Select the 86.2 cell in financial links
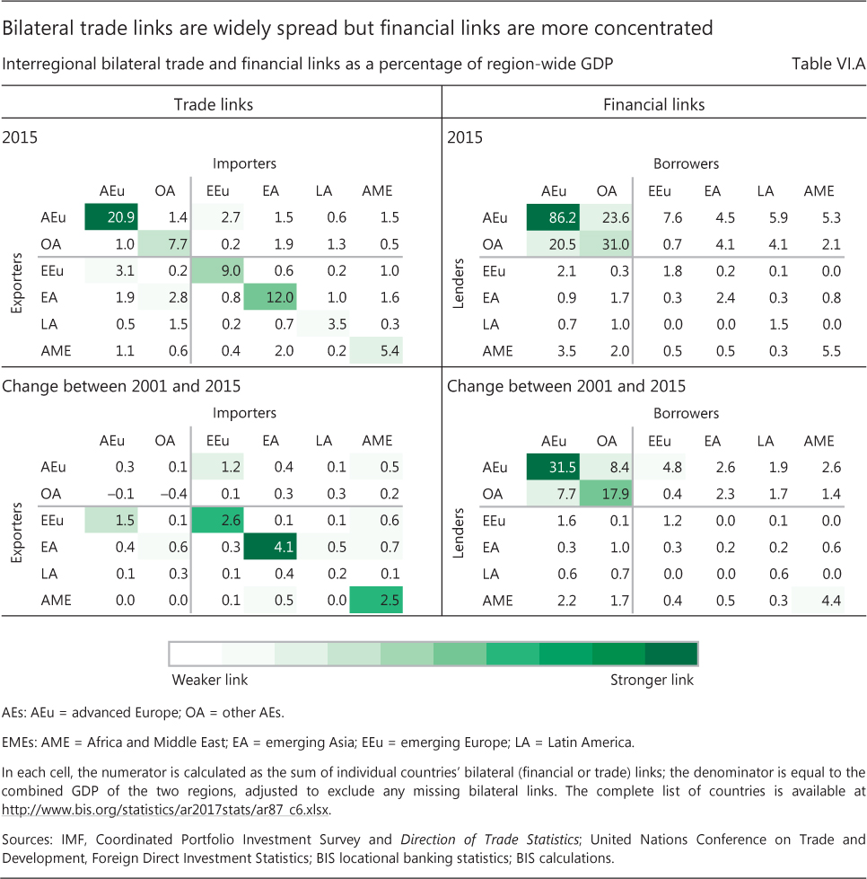pos(555,218)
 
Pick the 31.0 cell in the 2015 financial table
pos(608,245)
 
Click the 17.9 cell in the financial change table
pos(608,494)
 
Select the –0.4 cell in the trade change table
pos(164,494)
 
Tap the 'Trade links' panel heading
pos(214,105)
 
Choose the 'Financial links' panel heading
pos(654,105)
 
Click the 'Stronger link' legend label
pos(652,680)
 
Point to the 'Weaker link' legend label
pos(210,680)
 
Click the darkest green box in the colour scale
pos(671,653)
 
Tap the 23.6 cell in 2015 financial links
pos(608,218)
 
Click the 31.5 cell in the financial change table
pos(555,467)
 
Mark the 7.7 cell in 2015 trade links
pos(164,245)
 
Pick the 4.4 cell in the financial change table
pos(819,600)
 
